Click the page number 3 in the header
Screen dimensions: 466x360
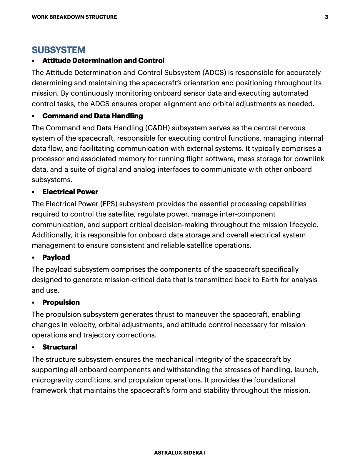point(326,17)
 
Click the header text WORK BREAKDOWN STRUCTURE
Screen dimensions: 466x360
point(74,17)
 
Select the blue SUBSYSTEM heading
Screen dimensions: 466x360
point(59,50)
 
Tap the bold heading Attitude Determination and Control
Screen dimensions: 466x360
point(103,61)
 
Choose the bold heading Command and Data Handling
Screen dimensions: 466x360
point(92,116)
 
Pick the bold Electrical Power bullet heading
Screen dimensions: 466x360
point(70,192)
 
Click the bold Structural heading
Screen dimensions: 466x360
point(60,347)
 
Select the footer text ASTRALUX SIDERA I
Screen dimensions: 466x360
point(180,453)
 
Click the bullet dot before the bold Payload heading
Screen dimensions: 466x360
point(34,258)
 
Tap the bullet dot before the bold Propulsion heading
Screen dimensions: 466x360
point(34,303)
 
